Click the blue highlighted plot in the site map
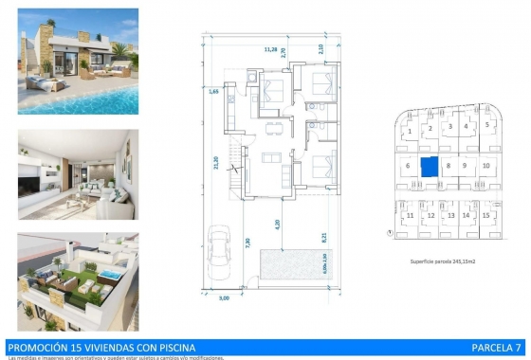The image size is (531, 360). (x=430, y=167)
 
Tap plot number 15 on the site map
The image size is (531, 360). (x=486, y=215)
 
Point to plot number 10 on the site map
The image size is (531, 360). (x=485, y=166)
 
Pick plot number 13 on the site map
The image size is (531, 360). (x=449, y=215)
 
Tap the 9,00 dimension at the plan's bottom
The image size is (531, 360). (x=225, y=298)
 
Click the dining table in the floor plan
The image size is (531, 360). (x=275, y=121)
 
